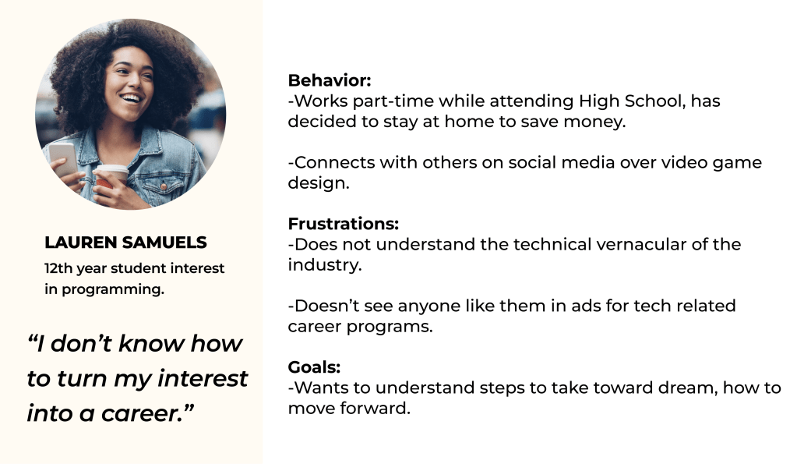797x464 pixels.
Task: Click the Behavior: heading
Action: (330, 80)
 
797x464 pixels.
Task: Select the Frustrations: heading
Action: (343, 224)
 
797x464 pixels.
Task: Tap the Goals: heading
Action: (314, 367)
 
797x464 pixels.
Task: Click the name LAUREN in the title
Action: (80, 243)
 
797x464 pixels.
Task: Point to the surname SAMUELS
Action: (164, 243)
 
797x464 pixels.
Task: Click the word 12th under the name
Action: (58, 268)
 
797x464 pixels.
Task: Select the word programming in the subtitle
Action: (112, 289)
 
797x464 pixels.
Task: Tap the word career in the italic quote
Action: (140, 413)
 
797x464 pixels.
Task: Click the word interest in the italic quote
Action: (203, 378)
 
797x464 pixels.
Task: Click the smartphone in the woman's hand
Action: (62, 158)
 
